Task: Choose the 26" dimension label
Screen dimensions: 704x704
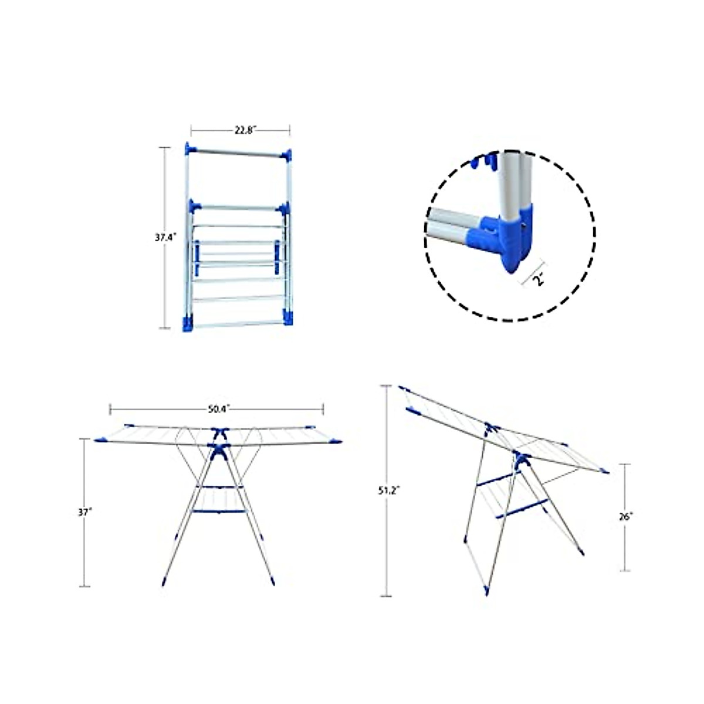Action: click(x=625, y=516)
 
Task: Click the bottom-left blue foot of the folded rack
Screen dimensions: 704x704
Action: click(x=187, y=322)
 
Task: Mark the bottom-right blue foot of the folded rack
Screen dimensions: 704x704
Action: click(x=289, y=317)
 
